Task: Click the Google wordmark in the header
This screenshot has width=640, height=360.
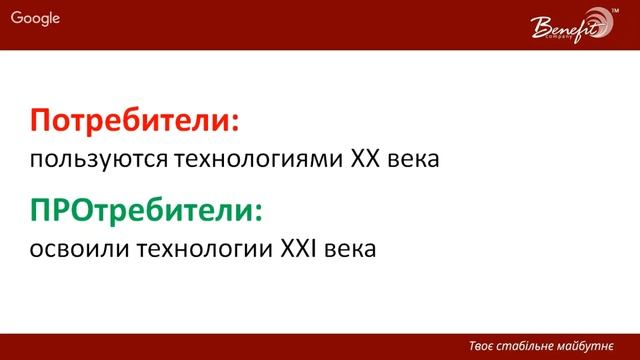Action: click(x=36, y=18)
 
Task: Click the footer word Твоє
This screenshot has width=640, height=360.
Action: click(x=485, y=345)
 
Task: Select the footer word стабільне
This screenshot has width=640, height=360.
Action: click(x=534, y=345)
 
